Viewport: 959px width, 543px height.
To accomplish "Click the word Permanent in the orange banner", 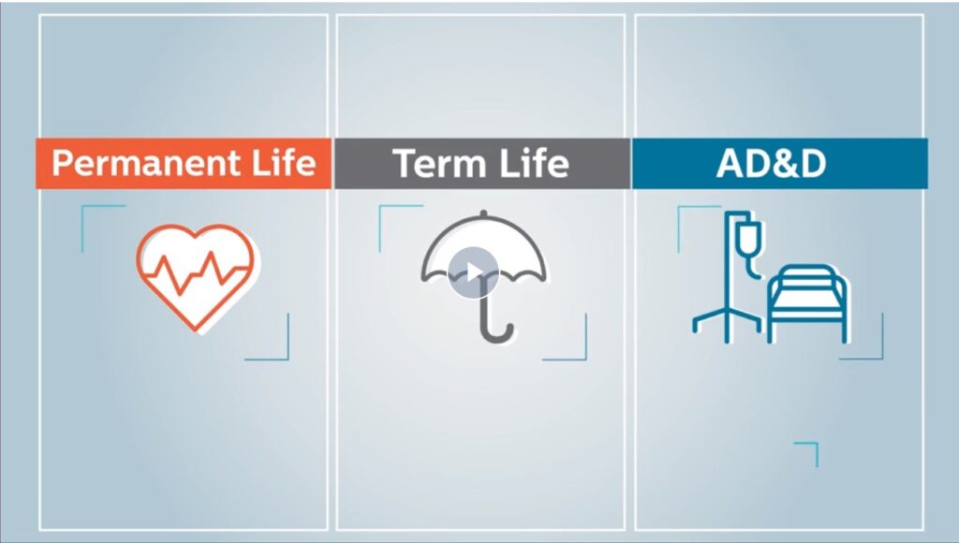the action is coord(146,164).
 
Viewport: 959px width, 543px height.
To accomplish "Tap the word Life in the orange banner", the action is coord(284,163).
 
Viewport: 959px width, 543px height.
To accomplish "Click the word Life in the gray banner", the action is coord(537,164).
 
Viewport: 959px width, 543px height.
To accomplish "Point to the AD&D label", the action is coord(772,164).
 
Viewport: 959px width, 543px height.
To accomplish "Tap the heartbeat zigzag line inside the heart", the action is coord(195,271).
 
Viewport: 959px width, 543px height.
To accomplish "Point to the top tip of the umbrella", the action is coord(484,213).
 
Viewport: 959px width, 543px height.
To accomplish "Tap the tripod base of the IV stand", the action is coord(727,323).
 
